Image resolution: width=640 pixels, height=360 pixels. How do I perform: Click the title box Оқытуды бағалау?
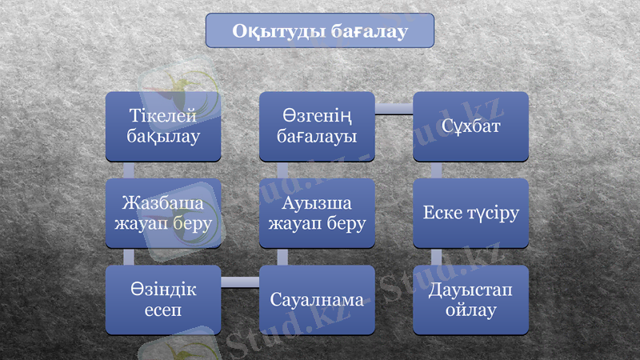320,31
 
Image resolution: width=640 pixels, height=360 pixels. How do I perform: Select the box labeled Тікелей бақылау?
163,126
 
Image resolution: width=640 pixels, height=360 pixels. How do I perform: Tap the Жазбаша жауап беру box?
163,213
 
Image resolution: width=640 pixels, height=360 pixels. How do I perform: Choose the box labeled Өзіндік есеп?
163,299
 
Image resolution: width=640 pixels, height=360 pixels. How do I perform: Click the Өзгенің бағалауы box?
317,126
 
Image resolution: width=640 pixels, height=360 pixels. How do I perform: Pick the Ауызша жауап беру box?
317,213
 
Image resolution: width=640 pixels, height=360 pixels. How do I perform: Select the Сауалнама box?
317,300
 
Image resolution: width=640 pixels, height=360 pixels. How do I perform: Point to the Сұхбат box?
470,126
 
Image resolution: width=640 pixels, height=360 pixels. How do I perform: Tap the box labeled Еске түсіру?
470,213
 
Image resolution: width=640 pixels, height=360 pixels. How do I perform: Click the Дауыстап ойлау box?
470,299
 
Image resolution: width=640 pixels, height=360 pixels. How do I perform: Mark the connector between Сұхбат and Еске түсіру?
436,170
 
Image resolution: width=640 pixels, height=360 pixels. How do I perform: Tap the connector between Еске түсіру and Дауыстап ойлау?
436,256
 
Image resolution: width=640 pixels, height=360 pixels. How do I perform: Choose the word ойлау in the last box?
470,309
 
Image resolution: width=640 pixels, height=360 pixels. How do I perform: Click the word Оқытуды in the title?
277,31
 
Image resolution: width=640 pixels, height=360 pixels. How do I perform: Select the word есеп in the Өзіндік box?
163,309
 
